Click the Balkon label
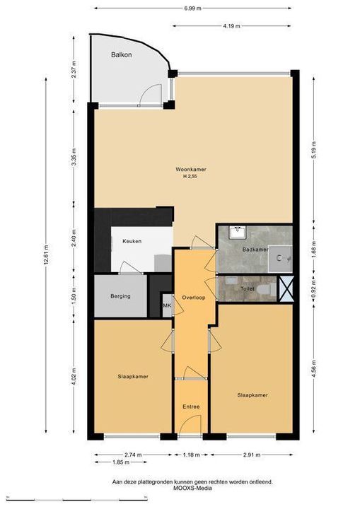(122, 54)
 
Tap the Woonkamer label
(191, 170)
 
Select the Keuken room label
(132, 241)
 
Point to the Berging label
(120, 296)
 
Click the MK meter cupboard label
(167, 305)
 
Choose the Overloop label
(193, 298)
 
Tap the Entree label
(191, 406)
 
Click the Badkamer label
(255, 250)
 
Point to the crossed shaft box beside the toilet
(286, 288)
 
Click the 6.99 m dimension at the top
(192, 8)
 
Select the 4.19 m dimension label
(232, 26)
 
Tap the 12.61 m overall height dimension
(46, 255)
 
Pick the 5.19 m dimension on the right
(313, 150)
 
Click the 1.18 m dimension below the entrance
(191, 455)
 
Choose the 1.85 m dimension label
(121, 462)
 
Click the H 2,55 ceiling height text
(190, 177)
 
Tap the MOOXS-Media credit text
(192, 488)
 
